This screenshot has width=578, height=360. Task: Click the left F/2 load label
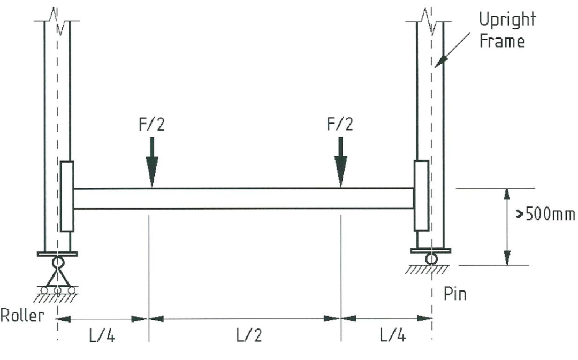click(151, 125)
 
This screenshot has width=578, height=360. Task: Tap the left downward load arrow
click(152, 162)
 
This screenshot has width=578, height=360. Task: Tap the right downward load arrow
click(340, 162)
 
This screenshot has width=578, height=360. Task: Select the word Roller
click(22, 316)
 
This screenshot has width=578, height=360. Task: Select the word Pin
click(455, 294)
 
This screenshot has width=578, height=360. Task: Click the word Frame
click(502, 41)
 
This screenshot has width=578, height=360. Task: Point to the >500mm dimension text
click(546, 214)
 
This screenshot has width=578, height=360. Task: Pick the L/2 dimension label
click(249, 335)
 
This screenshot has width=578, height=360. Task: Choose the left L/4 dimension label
click(102, 335)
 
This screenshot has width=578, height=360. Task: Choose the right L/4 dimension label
click(393, 335)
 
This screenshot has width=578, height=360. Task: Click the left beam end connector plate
click(67, 196)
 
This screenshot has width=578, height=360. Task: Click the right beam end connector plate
click(421, 196)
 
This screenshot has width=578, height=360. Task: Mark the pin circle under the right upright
click(431, 259)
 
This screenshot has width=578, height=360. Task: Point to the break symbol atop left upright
click(58, 20)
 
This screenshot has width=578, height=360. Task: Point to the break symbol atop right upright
click(429, 20)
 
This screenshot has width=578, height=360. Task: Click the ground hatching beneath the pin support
click(427, 270)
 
